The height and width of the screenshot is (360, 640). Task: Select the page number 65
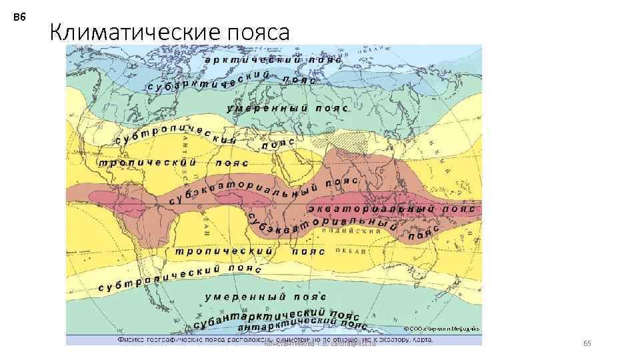[x=587, y=343]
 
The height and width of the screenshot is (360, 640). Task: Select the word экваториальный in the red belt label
[x=370, y=209]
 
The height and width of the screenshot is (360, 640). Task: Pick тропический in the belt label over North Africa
[x=147, y=162]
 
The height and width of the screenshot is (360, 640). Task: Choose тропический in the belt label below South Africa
[x=223, y=251]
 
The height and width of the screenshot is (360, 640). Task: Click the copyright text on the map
[x=441, y=329]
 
